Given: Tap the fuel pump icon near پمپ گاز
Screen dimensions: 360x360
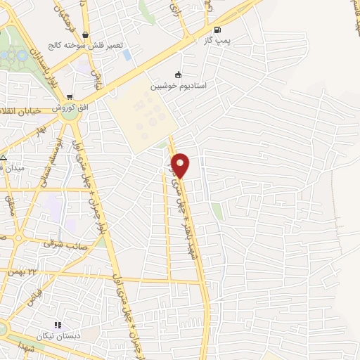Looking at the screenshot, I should (217, 30).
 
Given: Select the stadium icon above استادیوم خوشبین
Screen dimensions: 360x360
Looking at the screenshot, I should (179, 75).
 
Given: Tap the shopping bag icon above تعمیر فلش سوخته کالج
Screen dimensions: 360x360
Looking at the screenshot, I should (85, 34).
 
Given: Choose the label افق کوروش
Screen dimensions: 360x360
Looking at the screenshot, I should (73, 106).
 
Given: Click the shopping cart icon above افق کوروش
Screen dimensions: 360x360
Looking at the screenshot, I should (68, 96).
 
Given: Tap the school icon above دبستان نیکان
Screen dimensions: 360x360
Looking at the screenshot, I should (58, 326).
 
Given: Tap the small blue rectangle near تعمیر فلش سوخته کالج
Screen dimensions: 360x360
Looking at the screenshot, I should (126, 54).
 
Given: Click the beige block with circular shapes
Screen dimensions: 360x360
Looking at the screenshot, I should (139, 121).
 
